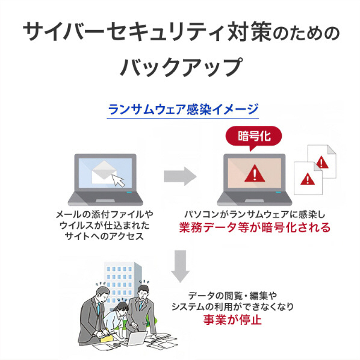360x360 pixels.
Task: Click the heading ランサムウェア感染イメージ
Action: pos(183,110)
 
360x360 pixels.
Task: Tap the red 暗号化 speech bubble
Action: pos(253,137)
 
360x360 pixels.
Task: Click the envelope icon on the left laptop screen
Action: pos(104,172)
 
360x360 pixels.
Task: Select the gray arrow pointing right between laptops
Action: pos(180,176)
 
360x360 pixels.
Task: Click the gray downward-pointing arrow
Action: pos(180,266)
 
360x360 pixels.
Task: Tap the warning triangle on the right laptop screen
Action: pos(255,173)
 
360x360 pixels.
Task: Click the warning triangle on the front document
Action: pos(308,179)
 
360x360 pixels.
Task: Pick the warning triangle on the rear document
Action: pos(321,162)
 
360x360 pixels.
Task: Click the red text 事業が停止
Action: pos(232,320)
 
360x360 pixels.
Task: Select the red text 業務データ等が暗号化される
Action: pos(255,228)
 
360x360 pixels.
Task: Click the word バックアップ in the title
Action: pos(181,67)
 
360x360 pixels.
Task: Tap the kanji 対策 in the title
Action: pos(250,31)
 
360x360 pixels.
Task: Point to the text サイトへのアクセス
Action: pos(105,236)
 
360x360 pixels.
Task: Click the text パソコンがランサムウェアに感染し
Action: pos(255,215)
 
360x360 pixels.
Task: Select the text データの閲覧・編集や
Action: pos(232,296)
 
